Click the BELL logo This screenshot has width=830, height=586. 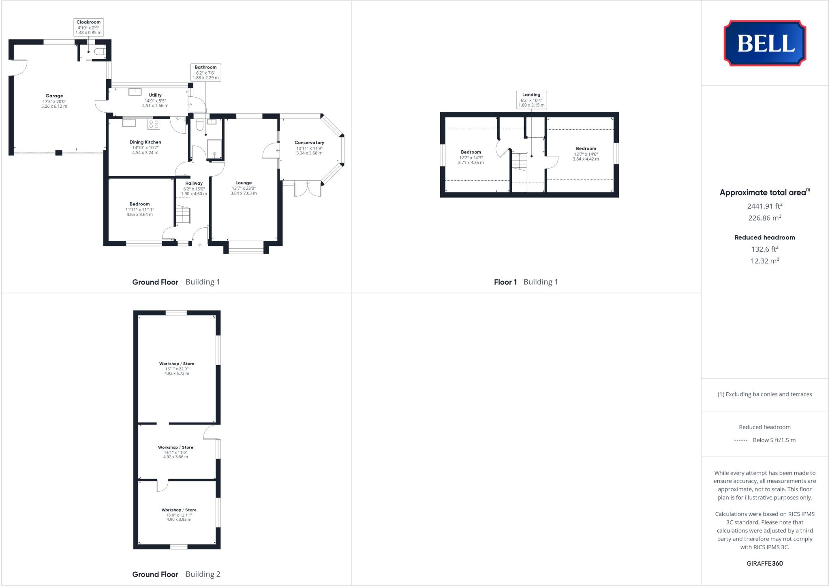765,43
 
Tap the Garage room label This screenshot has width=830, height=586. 54,96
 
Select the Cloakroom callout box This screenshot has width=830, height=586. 88,27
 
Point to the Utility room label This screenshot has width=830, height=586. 155,95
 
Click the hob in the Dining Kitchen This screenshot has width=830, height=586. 154,124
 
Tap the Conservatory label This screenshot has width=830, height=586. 309,143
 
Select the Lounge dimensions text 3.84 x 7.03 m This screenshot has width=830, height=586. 243,193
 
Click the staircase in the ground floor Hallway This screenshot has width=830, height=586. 183,214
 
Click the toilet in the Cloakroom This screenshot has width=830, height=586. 99,52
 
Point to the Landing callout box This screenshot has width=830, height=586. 531,100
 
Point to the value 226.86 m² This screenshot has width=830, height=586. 764,218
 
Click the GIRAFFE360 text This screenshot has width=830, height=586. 764,563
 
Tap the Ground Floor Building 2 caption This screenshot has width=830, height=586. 176,574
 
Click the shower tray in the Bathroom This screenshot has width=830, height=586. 214,149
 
